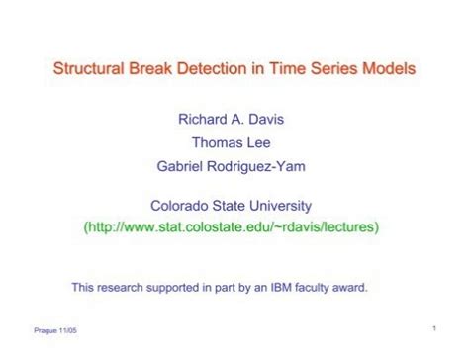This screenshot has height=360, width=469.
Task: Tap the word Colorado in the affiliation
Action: click(x=180, y=205)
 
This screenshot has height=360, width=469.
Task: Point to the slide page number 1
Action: click(x=434, y=327)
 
